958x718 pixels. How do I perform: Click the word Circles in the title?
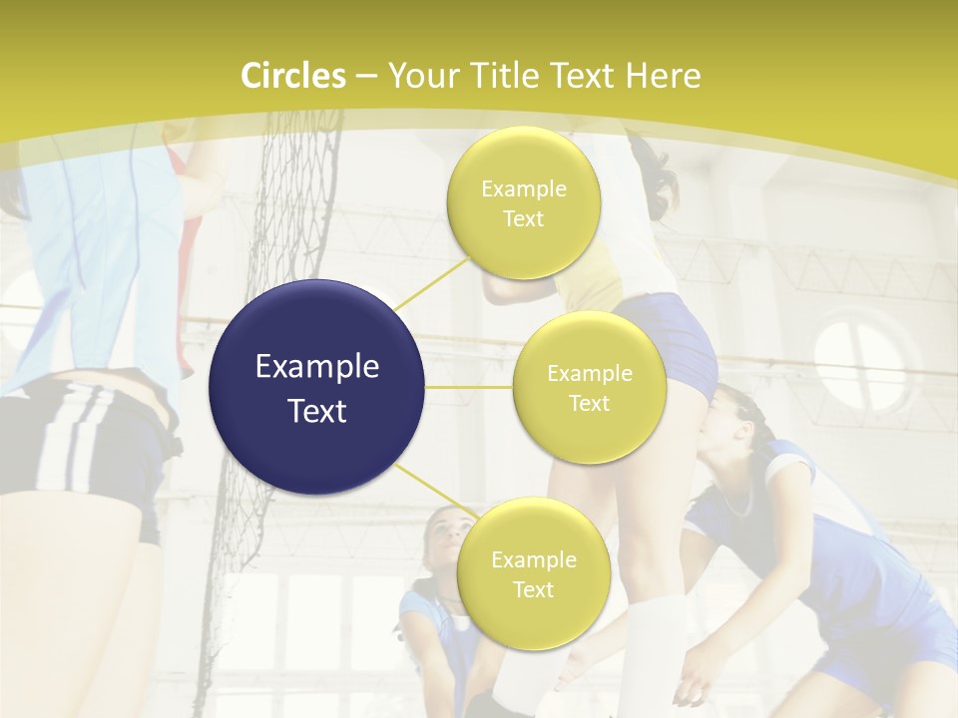[293, 76]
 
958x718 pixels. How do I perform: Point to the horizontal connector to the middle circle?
[469, 387]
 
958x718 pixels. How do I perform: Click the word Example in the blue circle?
[317, 367]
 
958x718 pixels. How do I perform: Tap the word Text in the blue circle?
[317, 411]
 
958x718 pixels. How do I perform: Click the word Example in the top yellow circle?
[523, 188]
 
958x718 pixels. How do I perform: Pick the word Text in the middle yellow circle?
[589, 403]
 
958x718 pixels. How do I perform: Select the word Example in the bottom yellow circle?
[533, 559]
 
